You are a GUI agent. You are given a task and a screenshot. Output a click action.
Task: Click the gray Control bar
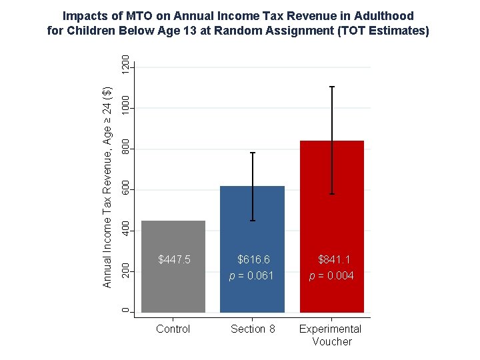(173, 267)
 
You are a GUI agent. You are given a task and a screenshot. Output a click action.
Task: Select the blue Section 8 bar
(252, 249)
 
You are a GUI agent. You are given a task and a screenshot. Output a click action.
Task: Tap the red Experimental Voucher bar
(332, 227)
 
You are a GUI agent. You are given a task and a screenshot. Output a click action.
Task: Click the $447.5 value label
(174, 259)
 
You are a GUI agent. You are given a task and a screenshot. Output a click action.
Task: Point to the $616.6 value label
(253, 259)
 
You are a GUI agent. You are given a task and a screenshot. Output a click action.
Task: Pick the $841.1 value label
(334, 259)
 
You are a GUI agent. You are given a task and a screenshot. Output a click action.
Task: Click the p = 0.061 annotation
(251, 276)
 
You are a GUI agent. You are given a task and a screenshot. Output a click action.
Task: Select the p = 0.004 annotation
(331, 276)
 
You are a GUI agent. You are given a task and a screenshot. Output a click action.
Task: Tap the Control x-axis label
(173, 329)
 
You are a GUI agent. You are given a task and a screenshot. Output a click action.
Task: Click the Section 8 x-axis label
(253, 329)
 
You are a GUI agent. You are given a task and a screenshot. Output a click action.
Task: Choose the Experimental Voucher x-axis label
(331, 335)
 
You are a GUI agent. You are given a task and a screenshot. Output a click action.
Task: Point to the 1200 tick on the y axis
(125, 65)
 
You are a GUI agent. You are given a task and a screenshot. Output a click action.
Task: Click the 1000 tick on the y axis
(125, 105)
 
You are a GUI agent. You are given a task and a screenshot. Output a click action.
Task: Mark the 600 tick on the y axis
(125, 187)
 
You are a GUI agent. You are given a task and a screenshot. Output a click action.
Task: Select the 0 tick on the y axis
(125, 311)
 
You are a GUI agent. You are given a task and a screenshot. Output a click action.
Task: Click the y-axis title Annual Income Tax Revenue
(107, 187)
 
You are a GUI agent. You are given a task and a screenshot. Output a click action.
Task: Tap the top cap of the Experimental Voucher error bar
(332, 87)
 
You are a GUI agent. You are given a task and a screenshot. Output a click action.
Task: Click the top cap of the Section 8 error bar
(253, 153)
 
